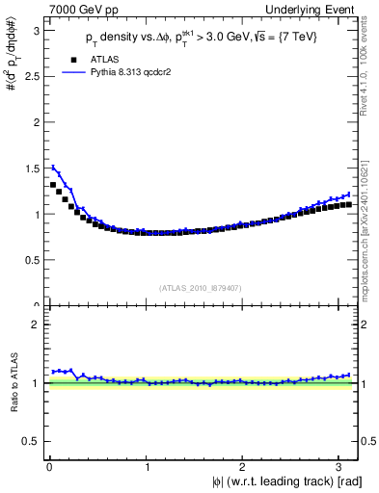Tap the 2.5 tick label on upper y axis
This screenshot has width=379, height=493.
33,76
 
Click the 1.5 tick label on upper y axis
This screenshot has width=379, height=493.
33,169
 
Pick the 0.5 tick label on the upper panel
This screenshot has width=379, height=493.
33,260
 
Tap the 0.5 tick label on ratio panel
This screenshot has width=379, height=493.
33,441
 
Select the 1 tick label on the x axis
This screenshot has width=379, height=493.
147,468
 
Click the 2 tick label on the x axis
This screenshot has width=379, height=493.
245,468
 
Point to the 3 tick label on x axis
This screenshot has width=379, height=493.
343,468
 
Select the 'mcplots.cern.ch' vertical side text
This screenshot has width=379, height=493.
370,246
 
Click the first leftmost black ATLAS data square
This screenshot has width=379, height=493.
53,185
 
